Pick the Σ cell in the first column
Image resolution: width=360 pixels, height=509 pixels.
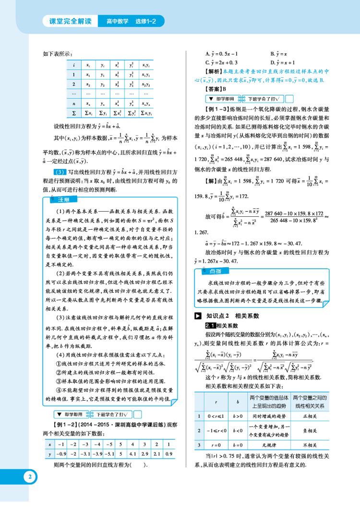(x=73, y=114)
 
